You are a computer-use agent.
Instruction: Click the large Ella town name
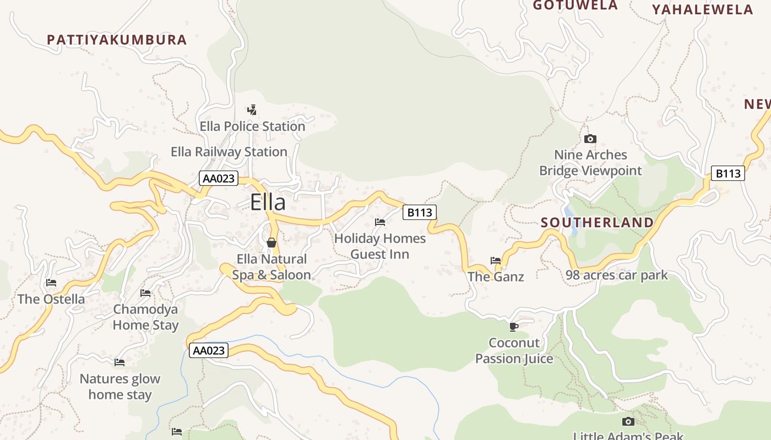click(268, 202)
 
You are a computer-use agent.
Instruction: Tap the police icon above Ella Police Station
click(252, 110)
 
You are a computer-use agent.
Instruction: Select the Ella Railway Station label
click(229, 152)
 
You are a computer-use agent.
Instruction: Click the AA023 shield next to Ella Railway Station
click(219, 178)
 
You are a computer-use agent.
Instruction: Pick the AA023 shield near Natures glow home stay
click(209, 350)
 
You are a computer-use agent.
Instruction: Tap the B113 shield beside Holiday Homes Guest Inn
click(420, 212)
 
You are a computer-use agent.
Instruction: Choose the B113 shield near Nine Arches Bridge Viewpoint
click(727, 174)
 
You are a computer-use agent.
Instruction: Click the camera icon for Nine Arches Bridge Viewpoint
click(590, 139)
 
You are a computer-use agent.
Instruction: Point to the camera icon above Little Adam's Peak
click(628, 421)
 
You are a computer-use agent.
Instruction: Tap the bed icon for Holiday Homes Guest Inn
click(380, 222)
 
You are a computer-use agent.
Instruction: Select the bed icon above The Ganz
click(496, 261)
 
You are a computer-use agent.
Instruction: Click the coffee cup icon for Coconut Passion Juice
click(514, 327)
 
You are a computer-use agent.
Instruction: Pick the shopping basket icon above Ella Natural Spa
click(271, 243)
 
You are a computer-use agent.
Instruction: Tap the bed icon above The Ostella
click(51, 283)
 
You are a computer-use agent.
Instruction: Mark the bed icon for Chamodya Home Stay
click(145, 293)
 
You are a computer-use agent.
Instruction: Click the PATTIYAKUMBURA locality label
click(117, 40)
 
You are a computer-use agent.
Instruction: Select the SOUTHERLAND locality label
click(597, 223)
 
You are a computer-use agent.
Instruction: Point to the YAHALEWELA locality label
click(702, 9)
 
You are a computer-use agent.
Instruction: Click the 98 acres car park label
click(616, 275)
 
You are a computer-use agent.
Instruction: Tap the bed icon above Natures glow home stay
click(120, 362)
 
